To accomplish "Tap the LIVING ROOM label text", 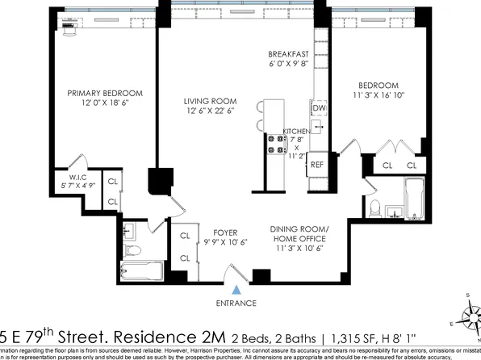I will click(208, 101).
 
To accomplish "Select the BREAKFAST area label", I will click(288, 55).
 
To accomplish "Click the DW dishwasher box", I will click(318, 107).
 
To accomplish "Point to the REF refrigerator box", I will click(317, 164).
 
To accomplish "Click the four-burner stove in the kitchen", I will click(276, 143).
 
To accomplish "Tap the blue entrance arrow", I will click(236, 289).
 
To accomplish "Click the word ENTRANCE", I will click(236, 303).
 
